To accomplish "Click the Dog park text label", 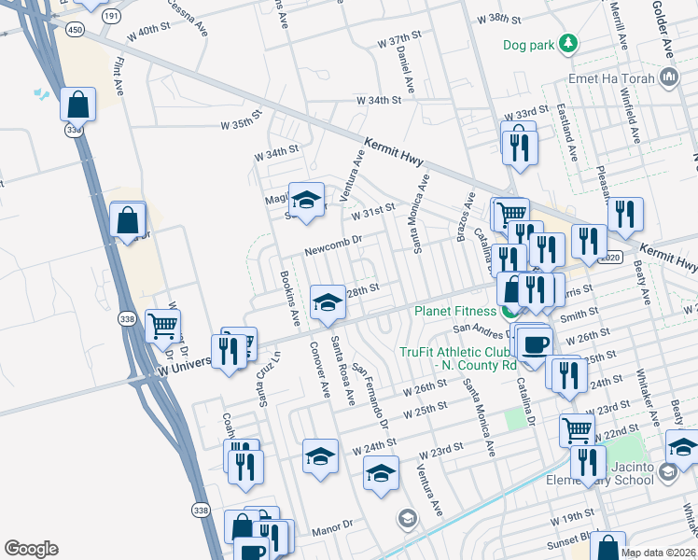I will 527,44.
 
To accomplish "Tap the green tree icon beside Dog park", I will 567,44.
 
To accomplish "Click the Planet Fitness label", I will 451,309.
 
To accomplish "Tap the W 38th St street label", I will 504,19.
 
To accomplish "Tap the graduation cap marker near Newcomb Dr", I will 305,200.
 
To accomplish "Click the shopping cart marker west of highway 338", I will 163,325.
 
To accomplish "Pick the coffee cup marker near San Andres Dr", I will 535,343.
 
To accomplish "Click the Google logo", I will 31,549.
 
